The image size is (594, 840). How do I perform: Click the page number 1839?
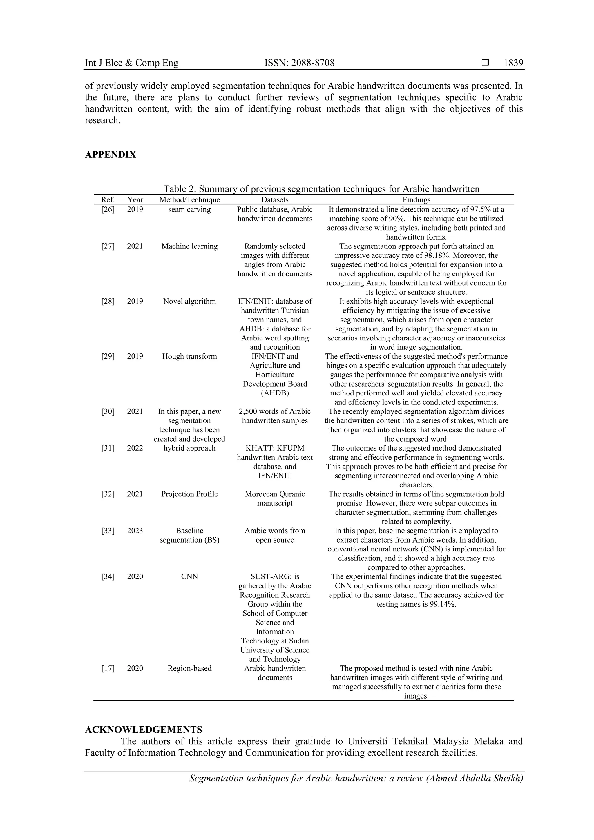tap(513, 63)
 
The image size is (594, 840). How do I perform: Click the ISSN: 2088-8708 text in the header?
tap(299, 63)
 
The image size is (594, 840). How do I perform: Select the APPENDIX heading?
tap(111, 155)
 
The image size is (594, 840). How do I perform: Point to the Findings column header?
tap(416, 200)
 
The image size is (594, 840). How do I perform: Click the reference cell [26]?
tap(108, 210)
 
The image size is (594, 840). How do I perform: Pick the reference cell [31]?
tap(108, 448)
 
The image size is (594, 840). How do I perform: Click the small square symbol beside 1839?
tap(485, 63)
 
